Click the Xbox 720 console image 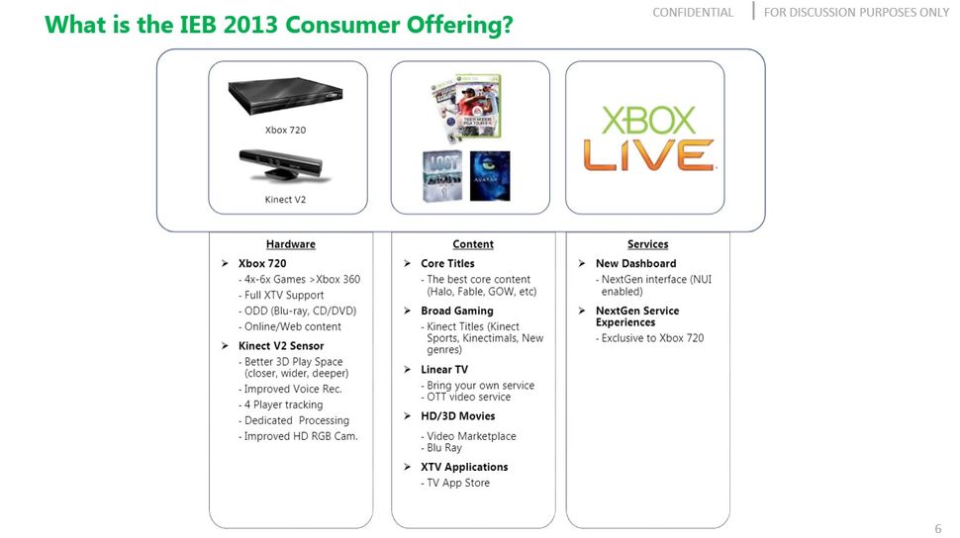pyautogui.click(x=288, y=98)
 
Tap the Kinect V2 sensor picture pyautogui.click(x=286, y=166)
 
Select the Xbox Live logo pyautogui.click(x=647, y=137)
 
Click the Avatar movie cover pyautogui.click(x=490, y=176)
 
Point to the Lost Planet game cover pyautogui.click(x=442, y=176)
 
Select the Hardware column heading pyautogui.click(x=290, y=244)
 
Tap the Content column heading pyautogui.click(x=472, y=244)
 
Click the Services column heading pyautogui.click(x=647, y=244)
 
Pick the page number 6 pyautogui.click(x=937, y=529)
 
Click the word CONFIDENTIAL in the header pyautogui.click(x=693, y=13)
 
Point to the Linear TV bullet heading pyautogui.click(x=444, y=370)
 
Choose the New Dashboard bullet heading pyautogui.click(x=635, y=264)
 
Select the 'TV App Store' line pyautogui.click(x=458, y=484)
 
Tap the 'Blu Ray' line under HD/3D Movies pyautogui.click(x=444, y=448)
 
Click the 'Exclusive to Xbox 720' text pyautogui.click(x=652, y=338)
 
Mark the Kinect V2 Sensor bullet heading pyautogui.click(x=281, y=346)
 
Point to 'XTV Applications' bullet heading pyautogui.click(x=464, y=467)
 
